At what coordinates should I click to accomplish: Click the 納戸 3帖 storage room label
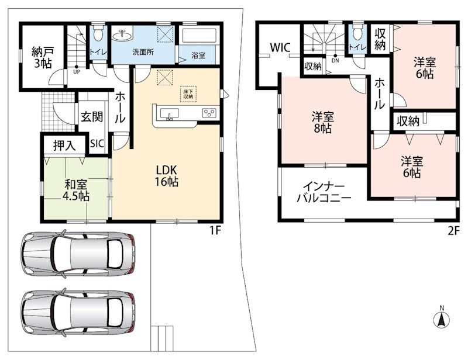tap(43, 57)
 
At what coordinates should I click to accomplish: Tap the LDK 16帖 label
tap(167, 176)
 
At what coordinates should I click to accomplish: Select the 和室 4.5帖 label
tap(76, 191)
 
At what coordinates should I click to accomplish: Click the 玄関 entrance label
tap(92, 117)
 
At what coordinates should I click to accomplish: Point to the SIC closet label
tap(97, 144)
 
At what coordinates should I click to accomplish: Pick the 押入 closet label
tap(64, 146)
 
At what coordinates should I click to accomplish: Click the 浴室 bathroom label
tap(198, 55)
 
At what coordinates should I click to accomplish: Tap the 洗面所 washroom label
tap(143, 52)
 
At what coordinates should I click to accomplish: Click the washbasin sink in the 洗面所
tap(123, 35)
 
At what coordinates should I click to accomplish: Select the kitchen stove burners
tap(209, 112)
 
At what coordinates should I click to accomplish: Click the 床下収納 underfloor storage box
tap(188, 94)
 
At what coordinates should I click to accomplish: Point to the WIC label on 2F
tap(280, 47)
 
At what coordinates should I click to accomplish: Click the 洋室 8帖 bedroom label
tap(323, 122)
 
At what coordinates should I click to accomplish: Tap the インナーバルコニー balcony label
tap(324, 192)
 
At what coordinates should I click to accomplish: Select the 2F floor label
tap(453, 231)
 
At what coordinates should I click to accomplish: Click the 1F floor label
tap(214, 231)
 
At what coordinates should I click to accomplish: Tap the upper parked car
tap(78, 255)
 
